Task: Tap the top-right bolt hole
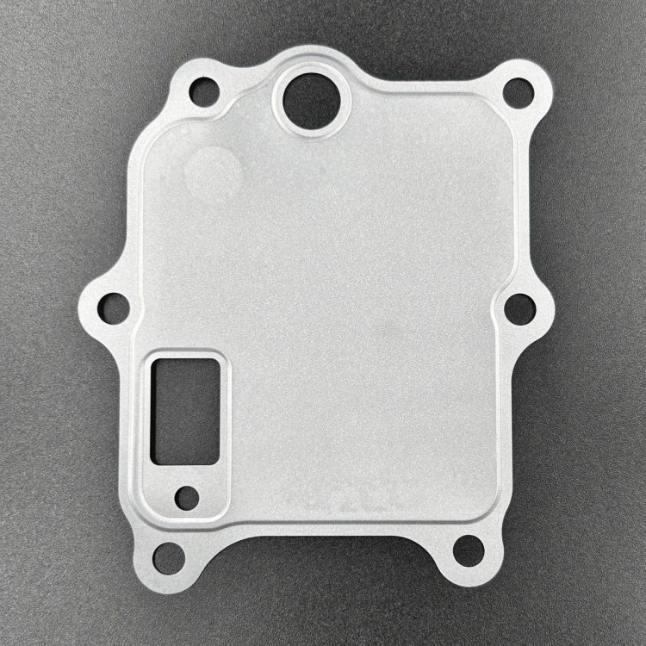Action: point(518,91)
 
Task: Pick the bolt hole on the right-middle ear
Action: point(519,308)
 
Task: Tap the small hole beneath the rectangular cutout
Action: point(186,497)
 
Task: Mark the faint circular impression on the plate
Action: point(211,171)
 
